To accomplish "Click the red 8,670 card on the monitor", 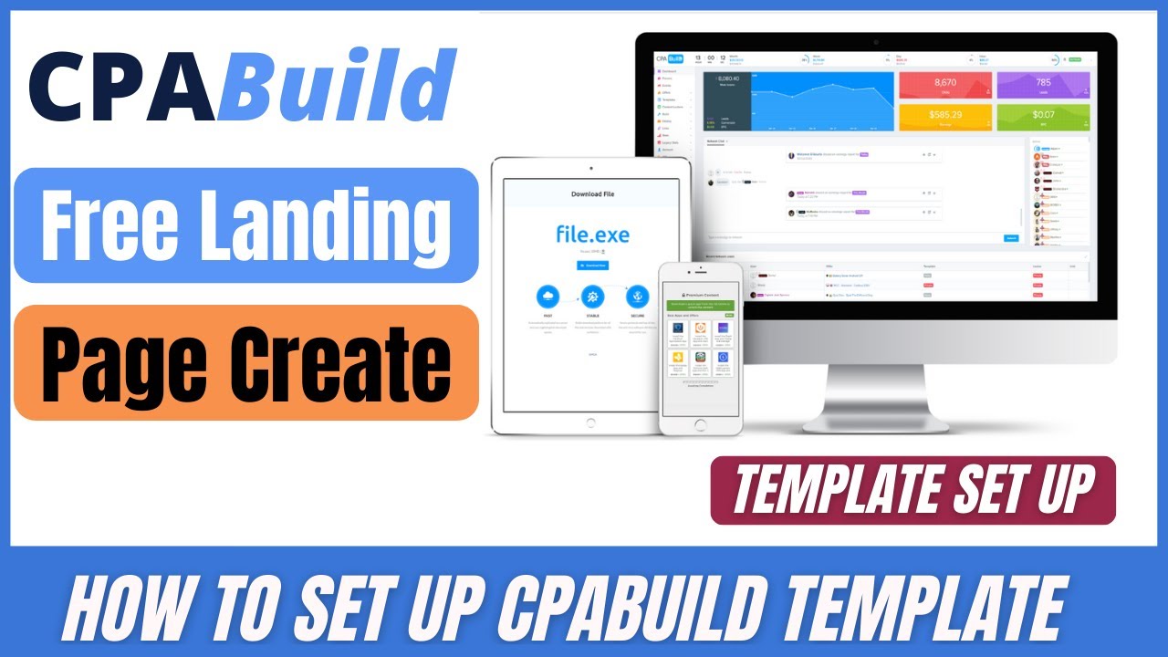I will [x=944, y=85].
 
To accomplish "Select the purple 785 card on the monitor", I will [x=1043, y=85].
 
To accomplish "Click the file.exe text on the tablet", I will [x=592, y=234].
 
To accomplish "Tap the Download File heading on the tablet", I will [x=592, y=194].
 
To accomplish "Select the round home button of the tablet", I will [x=590, y=422].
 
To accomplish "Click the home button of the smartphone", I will [x=701, y=424].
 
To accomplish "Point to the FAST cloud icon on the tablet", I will [x=549, y=297].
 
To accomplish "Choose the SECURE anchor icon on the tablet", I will [x=635, y=297].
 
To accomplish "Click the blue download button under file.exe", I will [x=592, y=265].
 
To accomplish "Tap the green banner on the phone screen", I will [x=701, y=305].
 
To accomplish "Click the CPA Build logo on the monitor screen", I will [x=669, y=59].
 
